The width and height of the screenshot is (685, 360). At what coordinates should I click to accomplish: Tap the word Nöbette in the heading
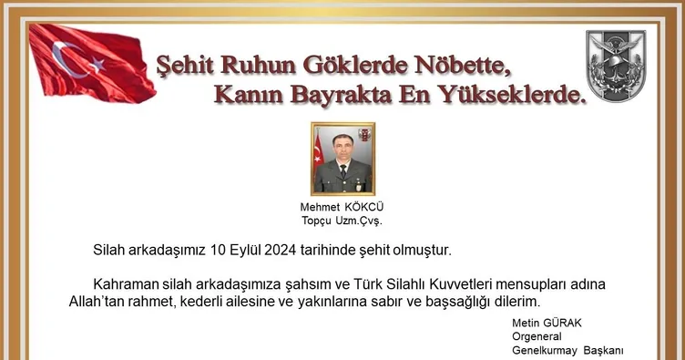pyautogui.click(x=453, y=66)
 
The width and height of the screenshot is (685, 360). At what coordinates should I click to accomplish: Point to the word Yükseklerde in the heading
pyautogui.click(x=507, y=94)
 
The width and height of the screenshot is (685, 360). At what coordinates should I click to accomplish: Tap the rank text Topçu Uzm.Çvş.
pyautogui.click(x=342, y=221)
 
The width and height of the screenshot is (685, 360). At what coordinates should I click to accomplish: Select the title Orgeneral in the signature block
pyautogui.click(x=538, y=338)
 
